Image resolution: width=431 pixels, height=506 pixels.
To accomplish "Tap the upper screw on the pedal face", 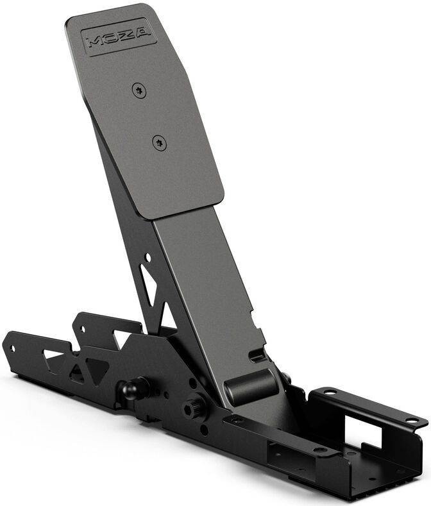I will pyautogui.click(x=138, y=91).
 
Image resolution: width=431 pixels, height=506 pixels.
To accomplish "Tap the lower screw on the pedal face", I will pyautogui.click(x=160, y=142).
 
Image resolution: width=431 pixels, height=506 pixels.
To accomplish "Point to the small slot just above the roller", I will pyautogui.click(x=257, y=354).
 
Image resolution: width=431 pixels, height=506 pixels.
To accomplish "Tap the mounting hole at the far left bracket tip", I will pyautogui.click(x=12, y=348).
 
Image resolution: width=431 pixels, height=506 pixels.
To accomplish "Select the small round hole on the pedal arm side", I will pyautogui.click(x=148, y=258).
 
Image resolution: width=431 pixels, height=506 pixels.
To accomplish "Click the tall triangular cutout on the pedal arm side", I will pyautogui.click(x=148, y=285).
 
